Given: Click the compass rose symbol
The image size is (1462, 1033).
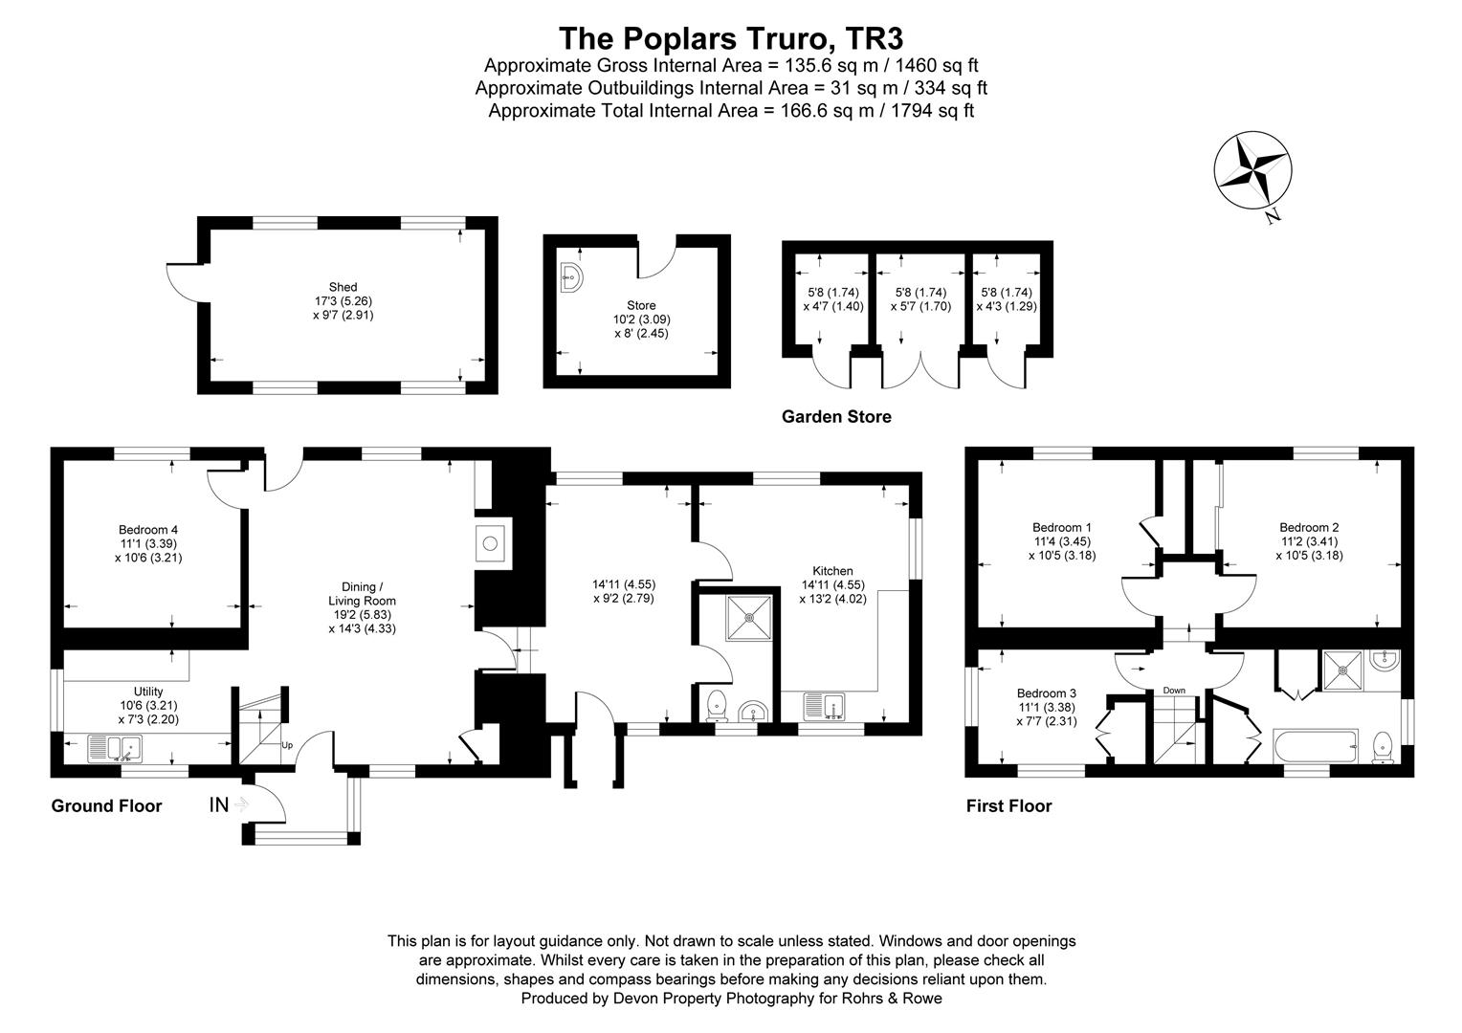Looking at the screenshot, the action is [x=1252, y=171].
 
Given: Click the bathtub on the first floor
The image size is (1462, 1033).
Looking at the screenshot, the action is [x=1316, y=746].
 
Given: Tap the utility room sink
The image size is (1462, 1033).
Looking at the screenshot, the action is [x=115, y=749].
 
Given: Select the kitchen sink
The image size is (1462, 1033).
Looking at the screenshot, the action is [x=825, y=707].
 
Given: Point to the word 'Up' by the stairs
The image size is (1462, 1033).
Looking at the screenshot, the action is [x=287, y=745].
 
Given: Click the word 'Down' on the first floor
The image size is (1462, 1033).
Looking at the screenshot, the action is [x=1174, y=691].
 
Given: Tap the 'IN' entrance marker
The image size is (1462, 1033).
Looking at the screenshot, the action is [x=219, y=804].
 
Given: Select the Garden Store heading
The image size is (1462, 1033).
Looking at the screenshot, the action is [x=836, y=416].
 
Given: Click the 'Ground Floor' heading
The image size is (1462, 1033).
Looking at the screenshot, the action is [x=106, y=806].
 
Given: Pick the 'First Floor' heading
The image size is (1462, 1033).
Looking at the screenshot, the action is [x=1009, y=806].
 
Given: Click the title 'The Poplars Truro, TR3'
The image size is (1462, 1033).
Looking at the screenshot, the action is [x=731, y=38].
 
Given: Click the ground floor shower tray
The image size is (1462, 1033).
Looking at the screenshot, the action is [x=749, y=617].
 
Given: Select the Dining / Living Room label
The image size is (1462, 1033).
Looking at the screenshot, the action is [x=362, y=607].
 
